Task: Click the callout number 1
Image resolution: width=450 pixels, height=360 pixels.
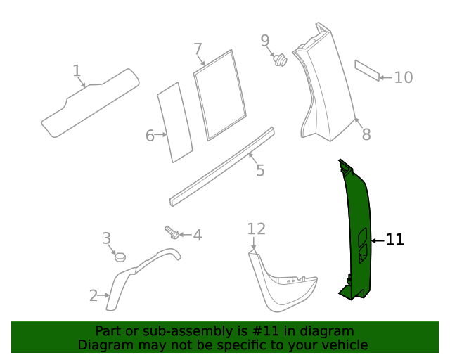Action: (x=77, y=70)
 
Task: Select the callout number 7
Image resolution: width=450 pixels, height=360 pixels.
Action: (x=198, y=49)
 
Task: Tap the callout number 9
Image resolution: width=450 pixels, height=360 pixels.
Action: (x=265, y=41)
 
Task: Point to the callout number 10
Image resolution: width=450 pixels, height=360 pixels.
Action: (x=403, y=77)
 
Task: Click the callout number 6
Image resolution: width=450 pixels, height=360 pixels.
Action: (x=150, y=136)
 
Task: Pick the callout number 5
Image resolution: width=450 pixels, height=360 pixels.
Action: (x=260, y=170)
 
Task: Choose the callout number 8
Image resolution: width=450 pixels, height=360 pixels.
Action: (x=366, y=134)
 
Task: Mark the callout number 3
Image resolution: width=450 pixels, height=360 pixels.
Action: (x=107, y=238)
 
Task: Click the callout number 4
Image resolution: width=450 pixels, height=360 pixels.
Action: (x=198, y=235)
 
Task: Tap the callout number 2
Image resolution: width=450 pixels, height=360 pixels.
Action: (x=94, y=296)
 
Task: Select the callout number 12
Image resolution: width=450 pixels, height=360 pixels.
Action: (x=257, y=229)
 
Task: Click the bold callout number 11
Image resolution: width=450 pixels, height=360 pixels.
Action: (x=395, y=240)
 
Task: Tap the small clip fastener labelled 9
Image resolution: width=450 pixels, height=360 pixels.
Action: (x=281, y=60)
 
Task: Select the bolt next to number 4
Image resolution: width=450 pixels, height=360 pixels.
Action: (x=172, y=231)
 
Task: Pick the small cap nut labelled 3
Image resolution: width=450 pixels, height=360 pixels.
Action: (x=120, y=256)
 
